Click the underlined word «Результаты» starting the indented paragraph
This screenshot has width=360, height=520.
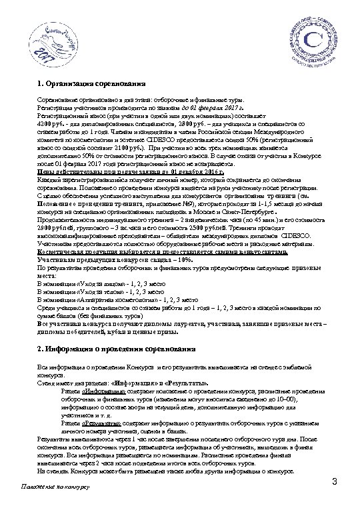(100, 423)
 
